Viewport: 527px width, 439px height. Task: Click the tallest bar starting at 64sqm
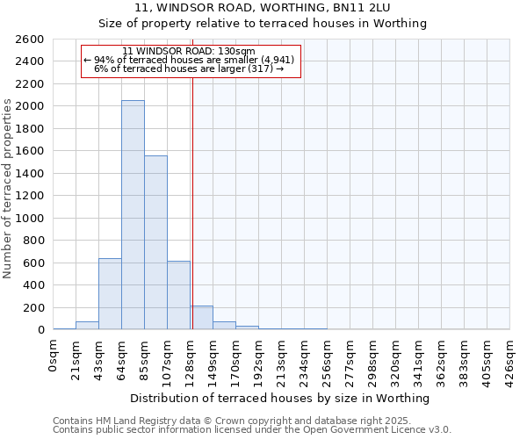click(133, 215)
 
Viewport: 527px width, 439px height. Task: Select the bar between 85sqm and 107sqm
click(155, 242)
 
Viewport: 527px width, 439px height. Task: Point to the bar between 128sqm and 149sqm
click(201, 318)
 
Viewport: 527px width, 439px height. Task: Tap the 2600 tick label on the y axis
click(30, 40)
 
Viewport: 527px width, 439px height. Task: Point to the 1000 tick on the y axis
click(30, 219)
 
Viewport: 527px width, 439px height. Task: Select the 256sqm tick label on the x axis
click(328, 358)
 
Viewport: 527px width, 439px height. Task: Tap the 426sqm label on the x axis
click(510, 358)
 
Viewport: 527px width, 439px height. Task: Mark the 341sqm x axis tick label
click(419, 358)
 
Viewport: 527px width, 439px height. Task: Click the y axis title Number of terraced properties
click(9, 189)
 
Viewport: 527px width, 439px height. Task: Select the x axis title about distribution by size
click(280, 398)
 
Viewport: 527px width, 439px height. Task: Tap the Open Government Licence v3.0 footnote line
click(252, 430)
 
